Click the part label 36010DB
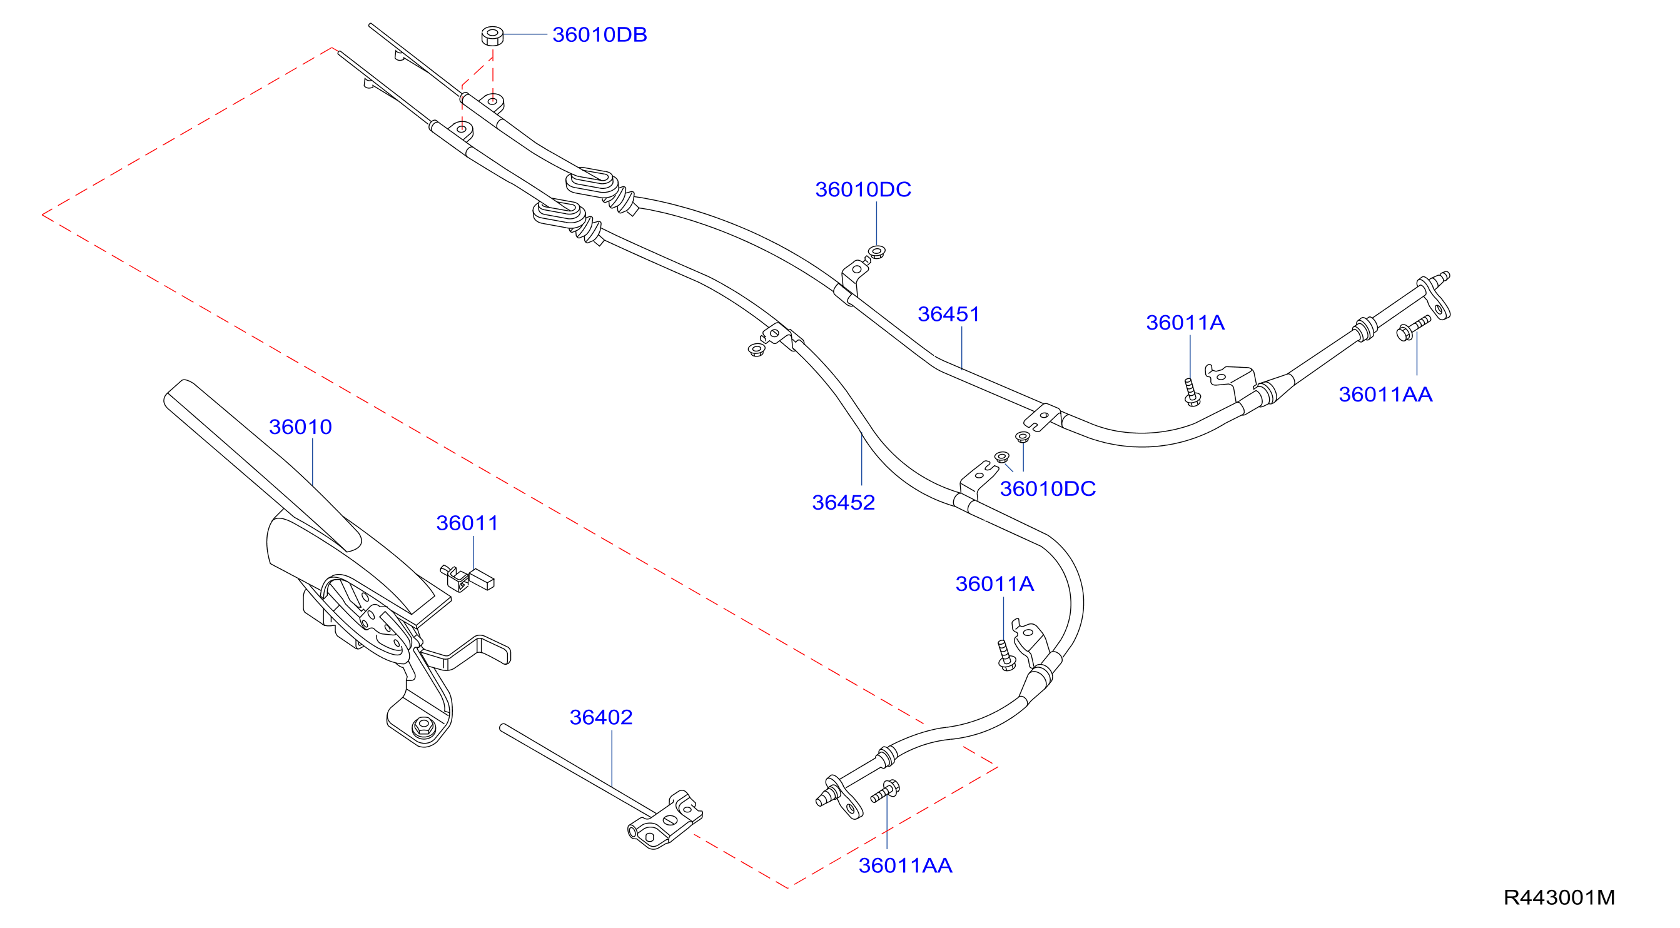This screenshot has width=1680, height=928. pos(599,34)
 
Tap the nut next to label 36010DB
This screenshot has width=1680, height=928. pos(492,36)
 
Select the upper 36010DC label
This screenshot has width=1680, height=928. pos(863,189)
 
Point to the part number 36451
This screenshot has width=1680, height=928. pos(948,314)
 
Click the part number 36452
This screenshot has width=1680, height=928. pos(843,502)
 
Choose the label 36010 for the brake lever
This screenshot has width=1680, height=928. pos(300,426)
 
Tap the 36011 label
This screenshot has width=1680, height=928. pos(467,522)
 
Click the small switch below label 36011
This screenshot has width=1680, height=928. pos(468,578)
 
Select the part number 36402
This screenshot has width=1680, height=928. pos(600,717)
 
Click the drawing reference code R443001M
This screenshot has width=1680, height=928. pos(1559,897)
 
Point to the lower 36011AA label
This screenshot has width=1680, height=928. pos(905,865)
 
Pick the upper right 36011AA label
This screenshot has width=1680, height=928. pos(1385,394)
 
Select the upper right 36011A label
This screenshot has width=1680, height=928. pos(1185,322)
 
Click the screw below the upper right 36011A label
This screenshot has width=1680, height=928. pos(1192,393)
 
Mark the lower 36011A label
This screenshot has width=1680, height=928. pos(994,583)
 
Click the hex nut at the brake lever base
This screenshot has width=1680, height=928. pos(424,726)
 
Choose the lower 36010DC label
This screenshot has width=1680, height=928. pos(1048,488)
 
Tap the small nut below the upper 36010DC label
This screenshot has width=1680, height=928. pos(877,252)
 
